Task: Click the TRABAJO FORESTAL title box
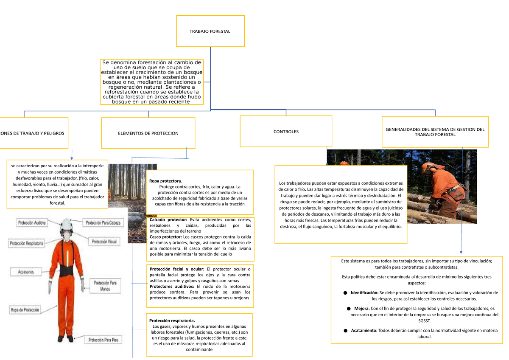point(210,31)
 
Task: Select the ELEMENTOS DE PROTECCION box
point(148,133)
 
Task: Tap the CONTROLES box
point(286,132)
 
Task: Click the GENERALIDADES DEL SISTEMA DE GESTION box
point(435,132)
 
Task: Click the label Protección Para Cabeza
point(103,222)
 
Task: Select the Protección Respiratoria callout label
point(26,244)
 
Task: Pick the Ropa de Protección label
point(25,310)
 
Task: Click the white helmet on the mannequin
point(66,223)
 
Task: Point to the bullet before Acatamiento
point(345,330)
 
